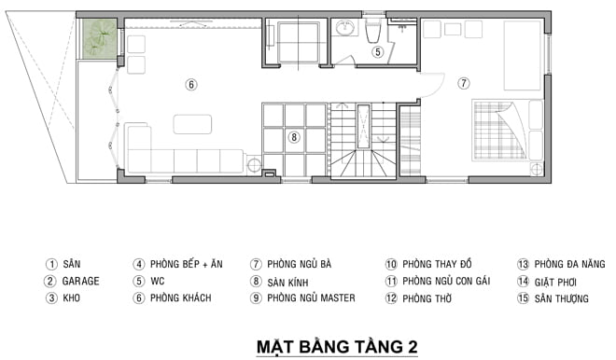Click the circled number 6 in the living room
[x=191, y=85]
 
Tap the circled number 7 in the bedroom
[x=464, y=83]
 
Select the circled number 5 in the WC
[x=378, y=51]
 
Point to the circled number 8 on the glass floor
[x=293, y=137]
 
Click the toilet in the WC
[x=372, y=32]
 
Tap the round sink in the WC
[x=345, y=27]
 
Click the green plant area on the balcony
[x=98, y=38]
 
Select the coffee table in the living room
[x=192, y=124]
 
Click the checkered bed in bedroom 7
[x=499, y=130]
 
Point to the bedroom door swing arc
[x=440, y=89]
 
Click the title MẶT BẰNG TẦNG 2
[x=337, y=347]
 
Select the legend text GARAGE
[x=81, y=281]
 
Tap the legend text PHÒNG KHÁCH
[x=181, y=298]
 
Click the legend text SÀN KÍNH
[x=288, y=282]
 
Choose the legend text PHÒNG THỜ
[x=427, y=298]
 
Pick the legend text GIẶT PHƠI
[x=555, y=283]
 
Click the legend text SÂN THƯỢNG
[x=561, y=298]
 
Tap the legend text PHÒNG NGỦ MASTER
[x=311, y=298]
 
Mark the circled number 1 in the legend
[x=51, y=264]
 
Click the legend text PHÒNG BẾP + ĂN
[x=187, y=264]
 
